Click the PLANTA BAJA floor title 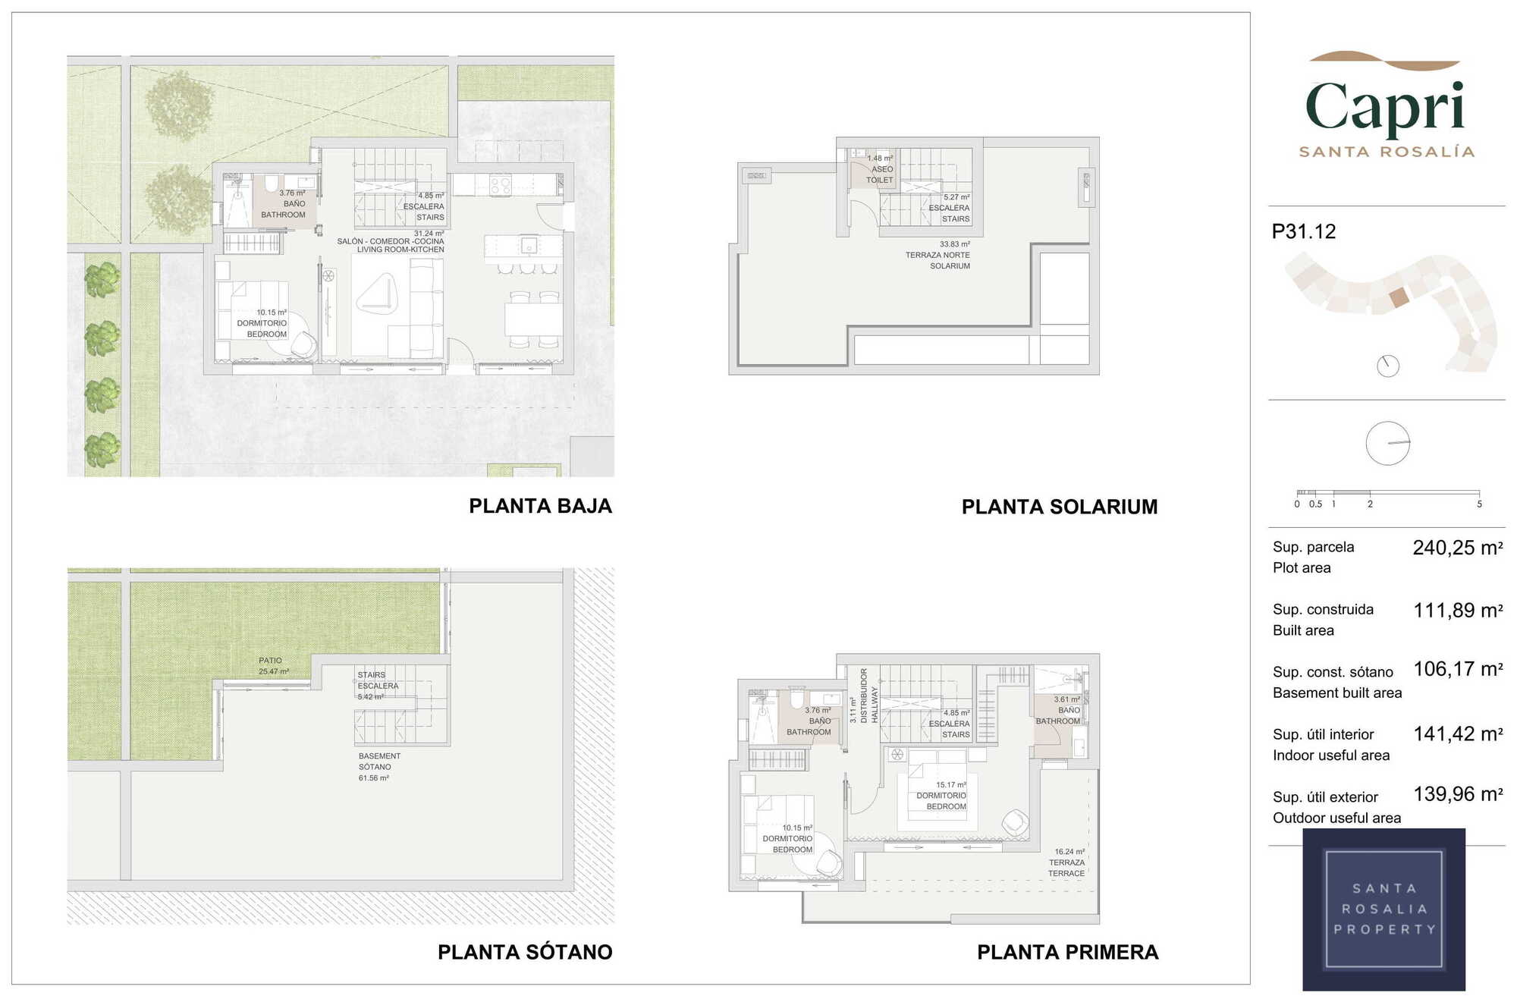540,506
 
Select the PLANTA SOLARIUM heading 1060,507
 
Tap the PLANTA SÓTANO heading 525,952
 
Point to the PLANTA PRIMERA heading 1068,952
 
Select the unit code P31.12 1304,231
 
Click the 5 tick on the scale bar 1479,504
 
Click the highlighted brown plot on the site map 1399,297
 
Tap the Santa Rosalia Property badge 1384,909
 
